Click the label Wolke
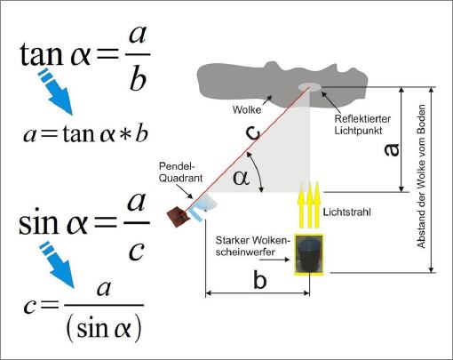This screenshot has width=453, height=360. tap(247, 109)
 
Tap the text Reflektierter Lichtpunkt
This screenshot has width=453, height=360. tap(362, 124)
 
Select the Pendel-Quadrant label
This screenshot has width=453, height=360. tap(180, 172)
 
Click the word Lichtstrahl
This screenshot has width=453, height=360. tap(346, 212)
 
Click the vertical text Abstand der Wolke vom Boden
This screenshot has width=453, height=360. tap(421, 176)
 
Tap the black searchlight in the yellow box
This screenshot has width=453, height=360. tap(309, 255)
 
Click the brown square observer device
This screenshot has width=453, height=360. tap(179, 217)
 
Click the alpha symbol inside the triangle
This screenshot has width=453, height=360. tap(241, 179)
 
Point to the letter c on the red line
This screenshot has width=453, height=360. tap(253, 134)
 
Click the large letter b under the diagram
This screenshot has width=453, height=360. tap(260, 280)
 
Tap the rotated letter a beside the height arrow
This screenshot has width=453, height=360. tap(392, 149)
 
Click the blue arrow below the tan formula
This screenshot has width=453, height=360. tap(56, 92)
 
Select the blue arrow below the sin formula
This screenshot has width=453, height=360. tap(58, 264)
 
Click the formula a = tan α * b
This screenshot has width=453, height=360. tap(85, 134)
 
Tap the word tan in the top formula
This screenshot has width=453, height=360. tap(42, 55)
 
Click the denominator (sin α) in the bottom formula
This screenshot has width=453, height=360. tap(104, 327)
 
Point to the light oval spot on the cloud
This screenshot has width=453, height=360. tap(310, 87)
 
